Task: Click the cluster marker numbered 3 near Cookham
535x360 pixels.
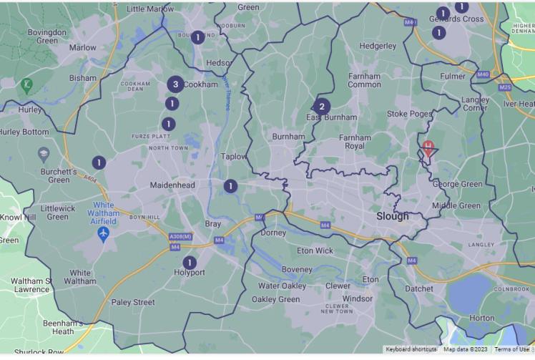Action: point(175,84)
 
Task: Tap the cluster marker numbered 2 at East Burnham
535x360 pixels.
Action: point(322,107)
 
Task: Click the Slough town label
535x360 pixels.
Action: point(393,215)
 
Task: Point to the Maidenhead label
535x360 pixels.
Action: point(172,185)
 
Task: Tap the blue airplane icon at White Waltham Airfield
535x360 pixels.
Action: point(104,233)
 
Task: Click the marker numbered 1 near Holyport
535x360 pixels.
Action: point(189,263)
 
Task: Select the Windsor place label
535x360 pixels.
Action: point(358,298)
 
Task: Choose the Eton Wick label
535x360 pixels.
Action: point(315,250)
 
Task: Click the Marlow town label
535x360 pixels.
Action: point(82,48)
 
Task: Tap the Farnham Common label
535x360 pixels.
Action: point(364,79)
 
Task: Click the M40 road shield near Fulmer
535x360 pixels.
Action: point(483,74)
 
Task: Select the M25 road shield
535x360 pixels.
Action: point(506,87)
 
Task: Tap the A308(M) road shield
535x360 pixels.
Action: point(180,236)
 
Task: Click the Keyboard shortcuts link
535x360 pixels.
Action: point(411,349)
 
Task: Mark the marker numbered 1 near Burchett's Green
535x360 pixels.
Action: point(98,162)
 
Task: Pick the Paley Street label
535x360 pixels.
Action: point(133,302)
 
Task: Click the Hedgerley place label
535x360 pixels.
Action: point(378,46)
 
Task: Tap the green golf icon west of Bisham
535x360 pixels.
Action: point(26,84)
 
